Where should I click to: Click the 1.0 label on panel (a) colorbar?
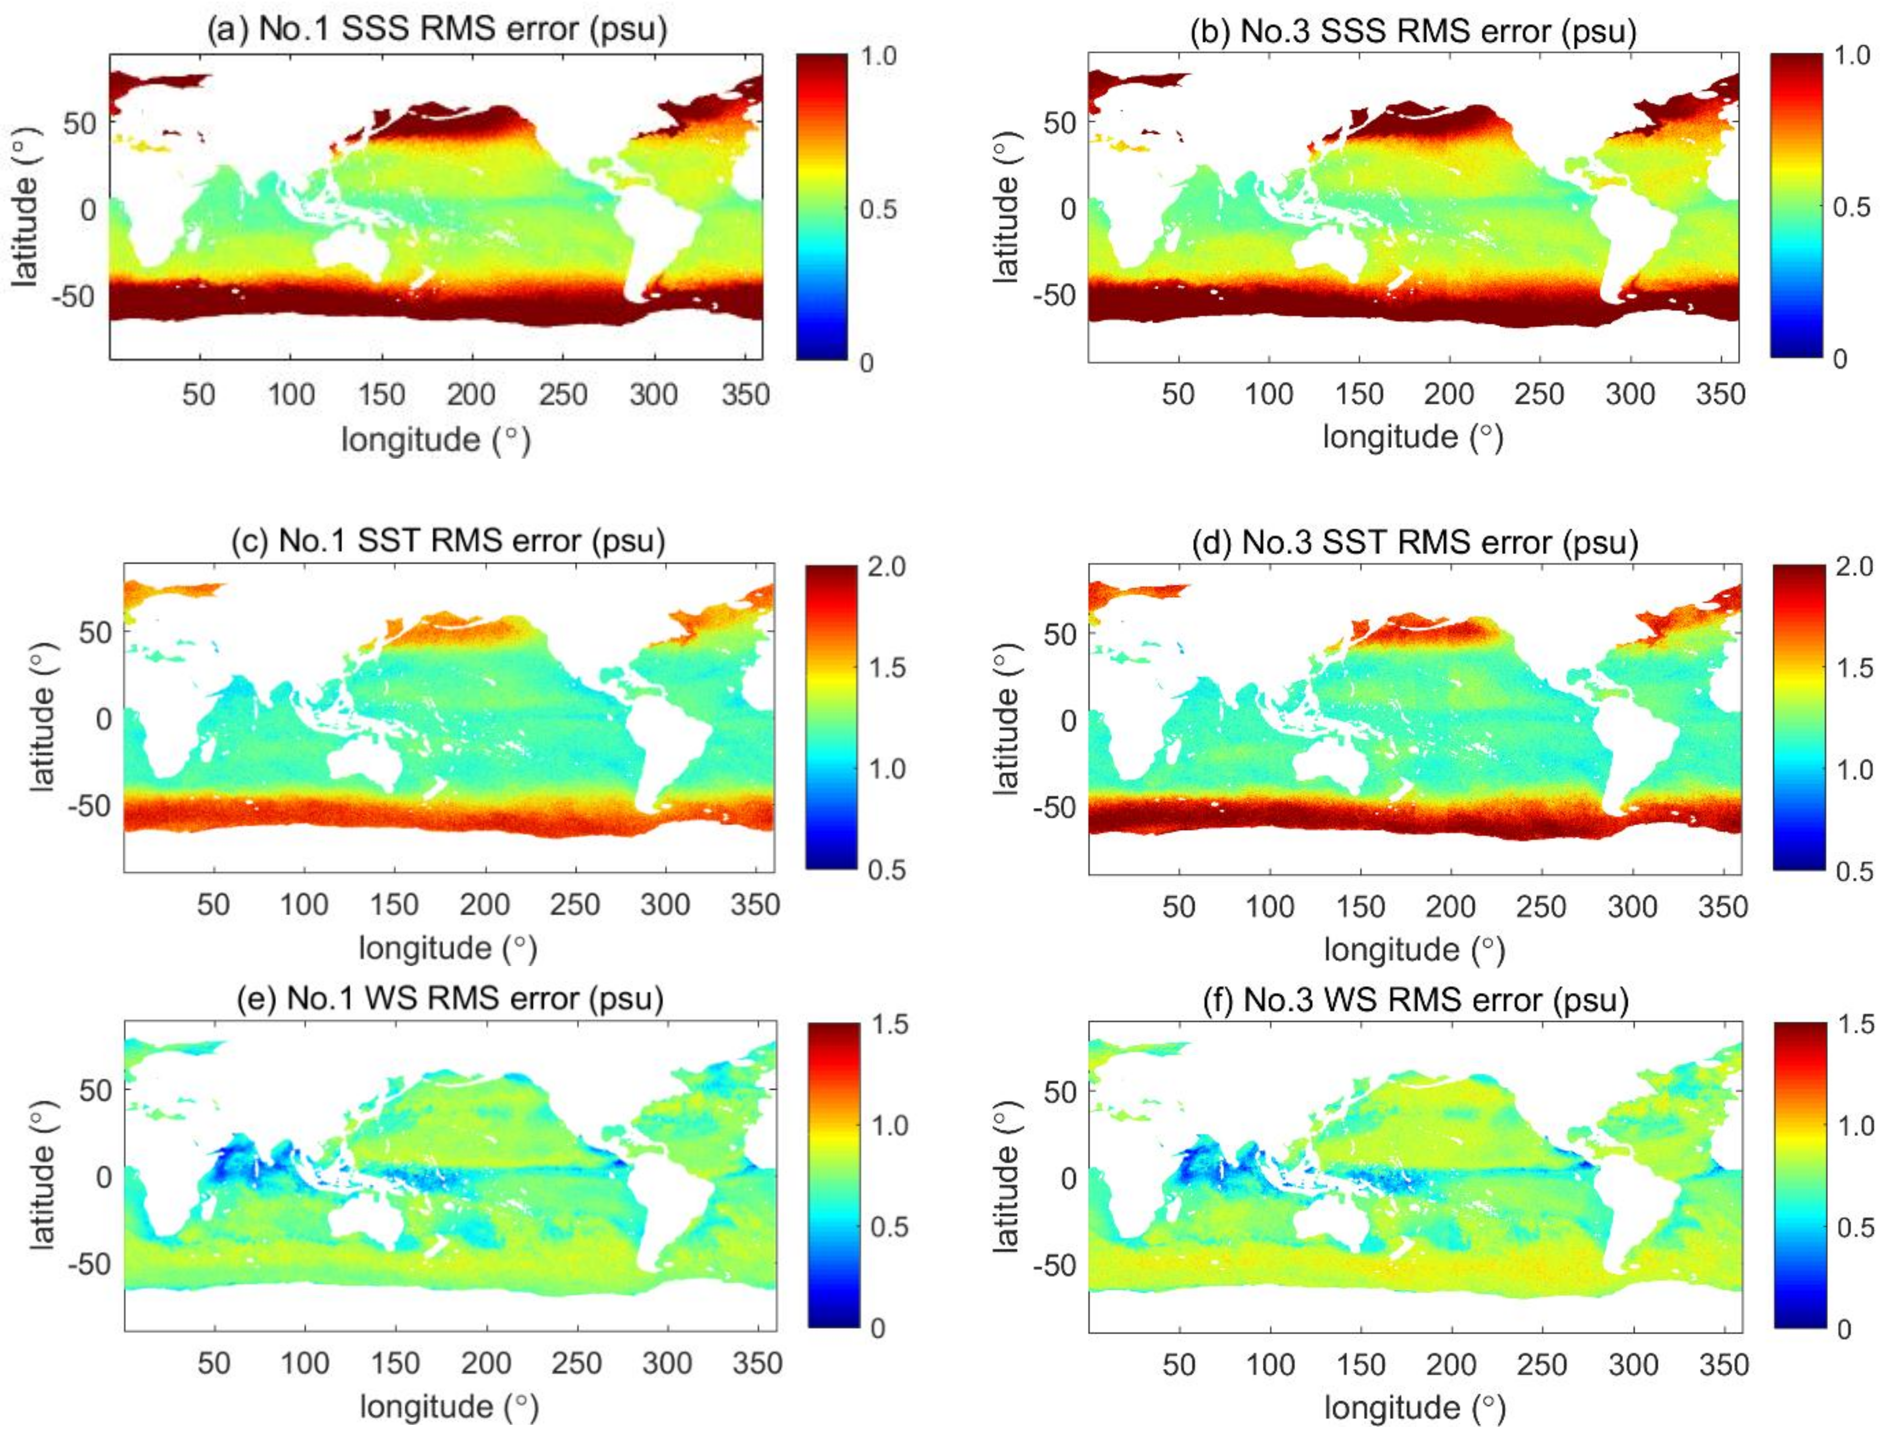pos(878,56)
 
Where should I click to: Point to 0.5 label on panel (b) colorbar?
pos(1851,207)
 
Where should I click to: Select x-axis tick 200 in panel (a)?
pos(470,395)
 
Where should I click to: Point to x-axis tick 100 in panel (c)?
pos(304,905)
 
